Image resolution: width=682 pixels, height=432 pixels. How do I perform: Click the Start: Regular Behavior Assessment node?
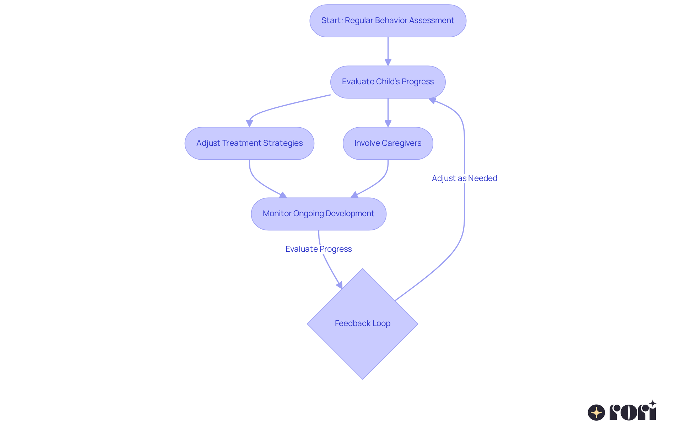point(388,21)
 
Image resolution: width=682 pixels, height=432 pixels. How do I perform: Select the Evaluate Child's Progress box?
point(388,82)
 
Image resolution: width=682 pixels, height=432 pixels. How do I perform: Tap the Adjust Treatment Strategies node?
point(249,143)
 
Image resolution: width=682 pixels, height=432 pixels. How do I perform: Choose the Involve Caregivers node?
point(388,143)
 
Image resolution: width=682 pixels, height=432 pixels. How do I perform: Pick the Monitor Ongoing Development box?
point(318,214)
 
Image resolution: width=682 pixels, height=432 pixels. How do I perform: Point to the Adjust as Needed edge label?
point(464,178)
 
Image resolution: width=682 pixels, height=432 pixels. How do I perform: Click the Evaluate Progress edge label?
point(318,249)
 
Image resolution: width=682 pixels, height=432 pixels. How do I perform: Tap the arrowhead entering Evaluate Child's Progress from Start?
point(388,62)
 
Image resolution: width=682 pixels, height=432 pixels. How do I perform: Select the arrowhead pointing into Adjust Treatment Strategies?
point(249,123)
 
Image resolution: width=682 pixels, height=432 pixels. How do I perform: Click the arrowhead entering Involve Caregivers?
point(388,123)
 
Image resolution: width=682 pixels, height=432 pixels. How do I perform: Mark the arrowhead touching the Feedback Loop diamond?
point(340,285)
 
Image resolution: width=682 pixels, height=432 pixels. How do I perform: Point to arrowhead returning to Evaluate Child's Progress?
point(432,101)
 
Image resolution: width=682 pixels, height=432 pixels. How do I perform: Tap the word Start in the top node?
point(331,21)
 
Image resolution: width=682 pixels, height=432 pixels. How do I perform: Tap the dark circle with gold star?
point(596,412)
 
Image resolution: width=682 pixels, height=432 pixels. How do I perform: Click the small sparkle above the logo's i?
point(653,403)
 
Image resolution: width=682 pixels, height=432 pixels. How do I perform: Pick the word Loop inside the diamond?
point(381,324)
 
